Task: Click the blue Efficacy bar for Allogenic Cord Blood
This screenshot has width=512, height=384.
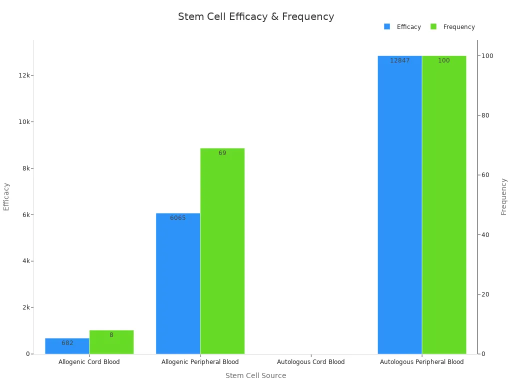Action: click(67, 346)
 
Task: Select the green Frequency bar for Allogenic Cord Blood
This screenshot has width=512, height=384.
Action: click(111, 342)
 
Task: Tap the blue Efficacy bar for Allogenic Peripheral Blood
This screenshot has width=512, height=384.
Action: click(178, 283)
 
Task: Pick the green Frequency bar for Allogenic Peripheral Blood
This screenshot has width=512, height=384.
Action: click(222, 251)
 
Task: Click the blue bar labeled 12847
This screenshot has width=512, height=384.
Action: click(399, 205)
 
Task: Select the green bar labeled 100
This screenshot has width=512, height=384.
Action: click(444, 205)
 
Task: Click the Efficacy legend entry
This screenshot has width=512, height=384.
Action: click(403, 27)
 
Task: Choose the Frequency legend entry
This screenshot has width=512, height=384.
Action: click(453, 27)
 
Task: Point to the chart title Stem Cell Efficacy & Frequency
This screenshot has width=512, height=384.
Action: click(256, 16)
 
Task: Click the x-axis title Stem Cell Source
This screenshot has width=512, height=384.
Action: click(255, 375)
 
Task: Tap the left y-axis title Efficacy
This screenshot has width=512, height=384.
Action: click(6, 196)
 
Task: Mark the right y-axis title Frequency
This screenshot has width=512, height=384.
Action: click(503, 196)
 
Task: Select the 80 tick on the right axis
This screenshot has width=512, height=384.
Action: click(485, 115)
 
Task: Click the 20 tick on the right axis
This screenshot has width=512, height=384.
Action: click(485, 294)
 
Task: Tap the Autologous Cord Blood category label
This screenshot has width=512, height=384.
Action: click(310, 362)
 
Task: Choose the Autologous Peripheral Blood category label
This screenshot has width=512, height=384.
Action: click(421, 362)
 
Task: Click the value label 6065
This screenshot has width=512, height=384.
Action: click(178, 218)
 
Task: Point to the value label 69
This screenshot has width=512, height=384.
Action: click(222, 153)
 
